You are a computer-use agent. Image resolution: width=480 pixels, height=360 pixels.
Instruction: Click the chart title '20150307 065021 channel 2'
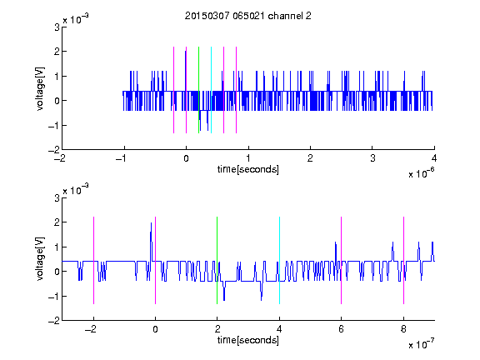248,16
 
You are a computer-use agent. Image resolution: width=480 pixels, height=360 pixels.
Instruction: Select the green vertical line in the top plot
198,90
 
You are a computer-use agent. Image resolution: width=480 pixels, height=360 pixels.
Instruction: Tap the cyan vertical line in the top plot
211,90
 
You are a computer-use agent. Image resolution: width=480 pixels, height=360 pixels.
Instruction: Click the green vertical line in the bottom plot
217,260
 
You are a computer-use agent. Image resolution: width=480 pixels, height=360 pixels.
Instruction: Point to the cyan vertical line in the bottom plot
279,260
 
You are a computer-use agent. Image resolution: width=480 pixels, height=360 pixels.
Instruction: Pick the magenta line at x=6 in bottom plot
342,260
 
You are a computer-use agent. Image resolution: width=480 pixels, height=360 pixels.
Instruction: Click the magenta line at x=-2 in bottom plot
93,260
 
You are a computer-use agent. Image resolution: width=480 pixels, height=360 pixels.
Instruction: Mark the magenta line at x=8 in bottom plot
404,260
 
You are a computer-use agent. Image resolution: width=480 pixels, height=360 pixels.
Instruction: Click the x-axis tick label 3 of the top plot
372,158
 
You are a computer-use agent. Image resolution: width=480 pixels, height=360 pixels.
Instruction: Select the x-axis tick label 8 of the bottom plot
403,329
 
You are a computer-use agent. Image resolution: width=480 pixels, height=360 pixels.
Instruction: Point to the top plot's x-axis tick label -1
122,158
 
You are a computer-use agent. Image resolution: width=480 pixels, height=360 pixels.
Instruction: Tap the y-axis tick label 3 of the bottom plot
57,197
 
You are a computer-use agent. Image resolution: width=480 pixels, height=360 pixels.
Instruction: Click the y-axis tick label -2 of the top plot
54,150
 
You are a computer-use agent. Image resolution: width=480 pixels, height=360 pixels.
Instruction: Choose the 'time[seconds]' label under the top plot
248,169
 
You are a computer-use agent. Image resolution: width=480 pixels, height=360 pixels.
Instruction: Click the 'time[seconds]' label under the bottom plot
248,340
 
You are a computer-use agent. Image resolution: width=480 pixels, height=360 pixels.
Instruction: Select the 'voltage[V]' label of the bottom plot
40,259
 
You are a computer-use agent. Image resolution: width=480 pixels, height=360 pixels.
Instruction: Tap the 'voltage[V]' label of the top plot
40,89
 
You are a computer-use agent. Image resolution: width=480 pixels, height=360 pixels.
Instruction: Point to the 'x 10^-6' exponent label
422,172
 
